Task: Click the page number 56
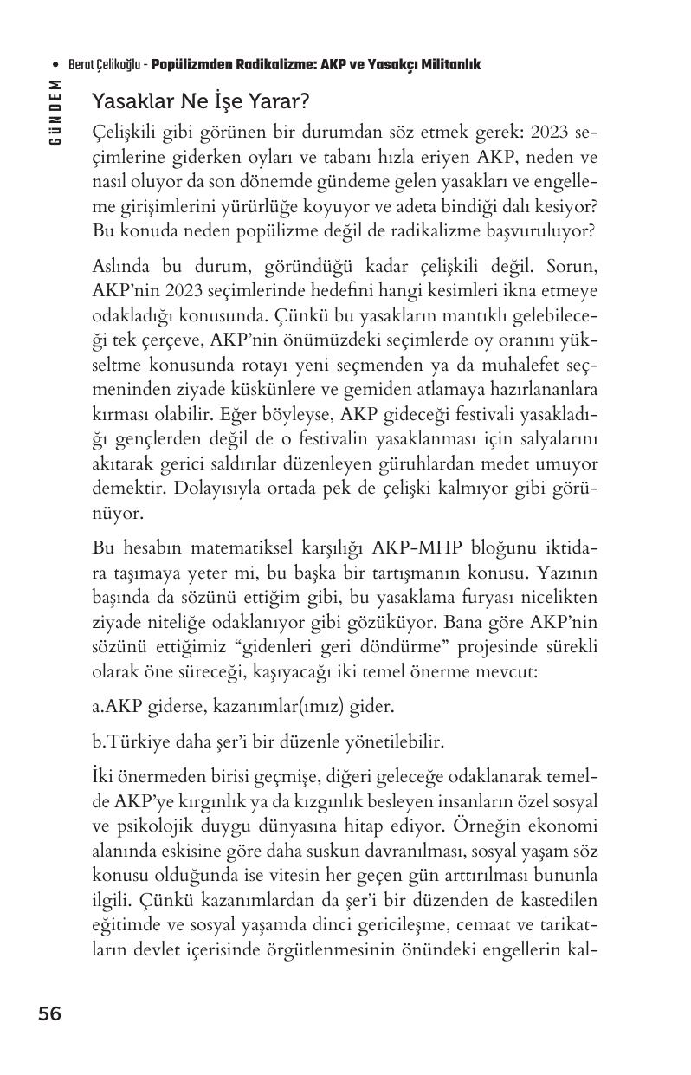tap(49, 1013)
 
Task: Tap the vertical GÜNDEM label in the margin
tap(55, 112)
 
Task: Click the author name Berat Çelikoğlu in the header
tap(106, 65)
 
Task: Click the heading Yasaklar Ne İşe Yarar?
tap(200, 102)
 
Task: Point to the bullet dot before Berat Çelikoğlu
tap(55, 65)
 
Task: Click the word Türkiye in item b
tap(137, 741)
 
